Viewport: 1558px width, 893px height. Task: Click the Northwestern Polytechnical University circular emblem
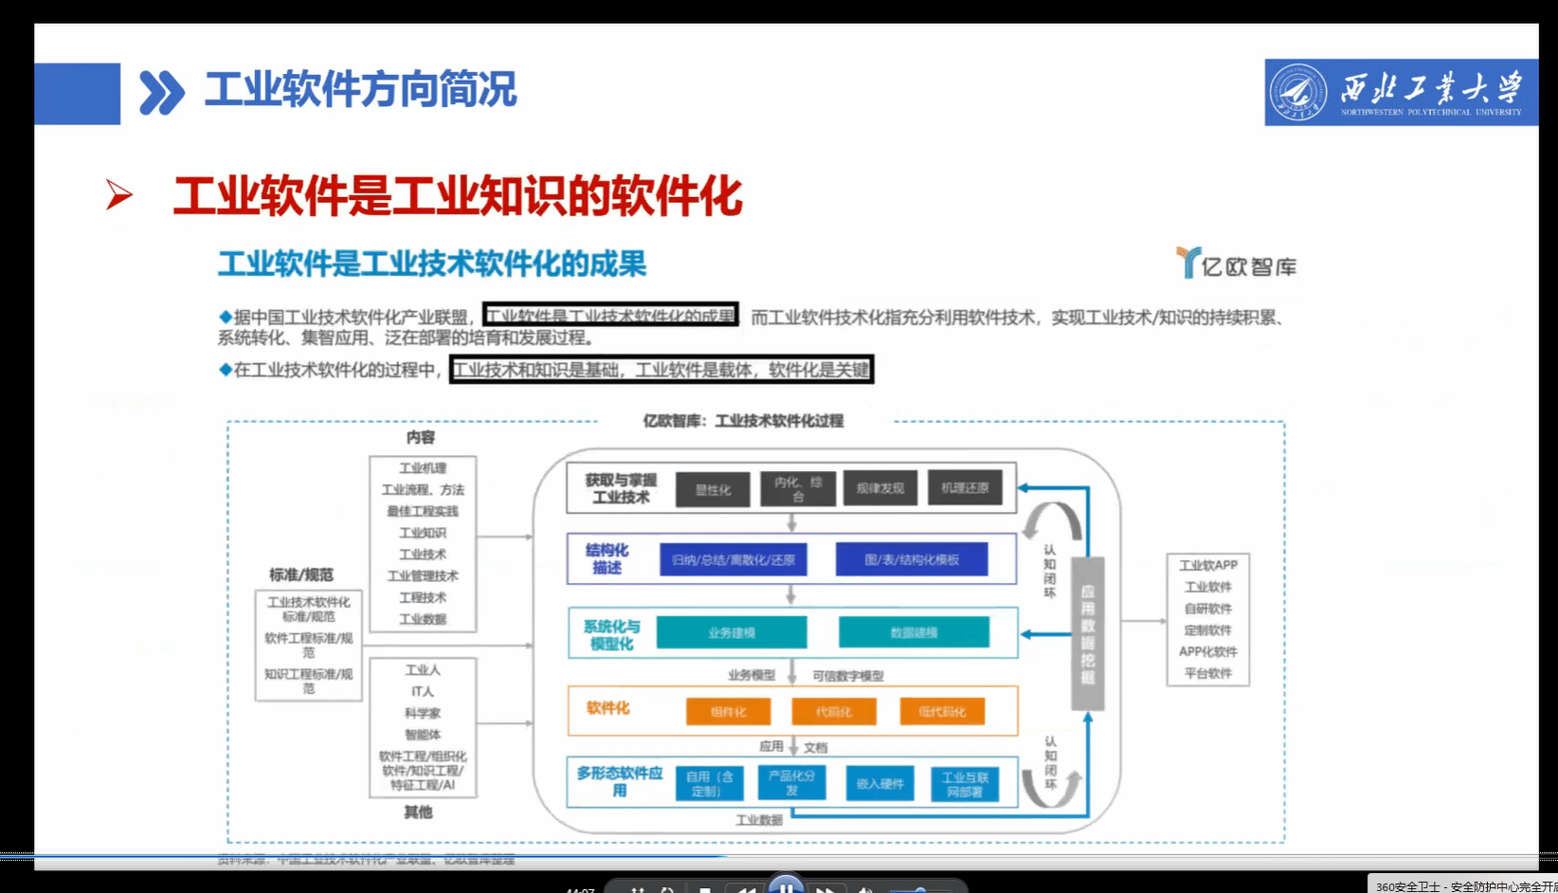pyautogui.click(x=1297, y=93)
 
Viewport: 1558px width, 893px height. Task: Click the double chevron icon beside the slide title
pyautogui.click(x=161, y=93)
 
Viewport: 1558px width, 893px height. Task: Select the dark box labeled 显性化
pyautogui.click(x=713, y=490)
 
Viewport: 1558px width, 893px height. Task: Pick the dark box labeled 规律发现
pyautogui.click(x=879, y=488)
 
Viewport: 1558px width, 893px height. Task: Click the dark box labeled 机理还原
pyautogui.click(x=964, y=487)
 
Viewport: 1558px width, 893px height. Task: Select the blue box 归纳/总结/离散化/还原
pyautogui.click(x=733, y=559)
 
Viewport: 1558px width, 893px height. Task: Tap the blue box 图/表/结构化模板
pyautogui.click(x=911, y=559)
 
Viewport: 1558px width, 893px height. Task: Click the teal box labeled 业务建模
pyautogui.click(x=731, y=632)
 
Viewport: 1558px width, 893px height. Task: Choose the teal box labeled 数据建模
pyautogui.click(x=913, y=632)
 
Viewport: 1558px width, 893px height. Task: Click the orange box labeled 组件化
pyautogui.click(x=728, y=712)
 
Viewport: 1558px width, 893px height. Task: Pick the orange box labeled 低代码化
pyautogui.click(x=941, y=712)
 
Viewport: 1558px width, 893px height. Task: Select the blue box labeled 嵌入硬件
pyautogui.click(x=879, y=784)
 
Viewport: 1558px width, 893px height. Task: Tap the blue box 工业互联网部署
pyautogui.click(x=964, y=784)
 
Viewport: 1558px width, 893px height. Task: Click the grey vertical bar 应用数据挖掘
pyautogui.click(x=1088, y=633)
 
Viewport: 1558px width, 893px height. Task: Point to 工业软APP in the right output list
pyautogui.click(x=1207, y=565)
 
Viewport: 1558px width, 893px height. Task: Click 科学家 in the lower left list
pyautogui.click(x=423, y=713)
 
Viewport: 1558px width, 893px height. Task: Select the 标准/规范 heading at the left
pyautogui.click(x=301, y=574)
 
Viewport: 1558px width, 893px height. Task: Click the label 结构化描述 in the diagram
pyautogui.click(x=607, y=558)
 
